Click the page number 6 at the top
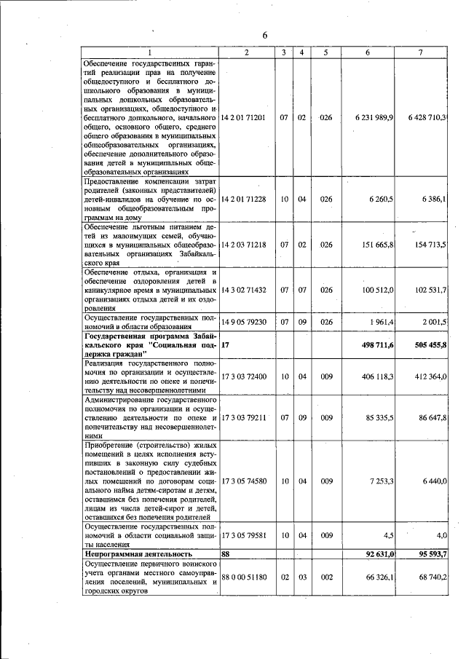(266, 36)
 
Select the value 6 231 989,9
(376, 117)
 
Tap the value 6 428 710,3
(428, 117)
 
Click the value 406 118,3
(378, 376)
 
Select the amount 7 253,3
(381, 481)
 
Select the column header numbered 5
(326, 52)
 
